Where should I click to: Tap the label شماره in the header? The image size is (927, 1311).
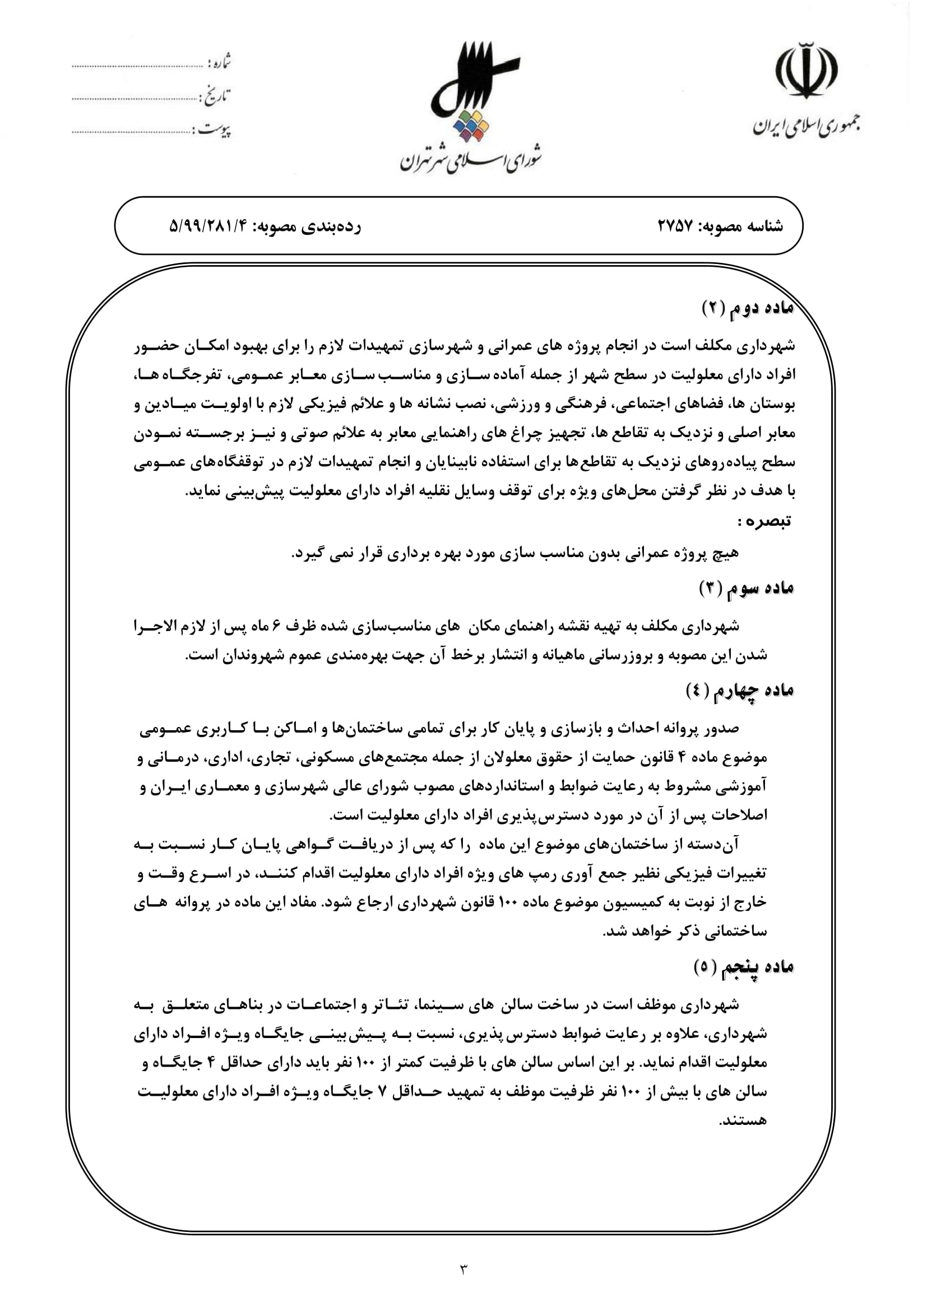220,62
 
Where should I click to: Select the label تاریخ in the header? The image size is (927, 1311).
215,97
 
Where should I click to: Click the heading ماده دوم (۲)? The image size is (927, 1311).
748,309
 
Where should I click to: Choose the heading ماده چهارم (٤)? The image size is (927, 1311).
740,692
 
